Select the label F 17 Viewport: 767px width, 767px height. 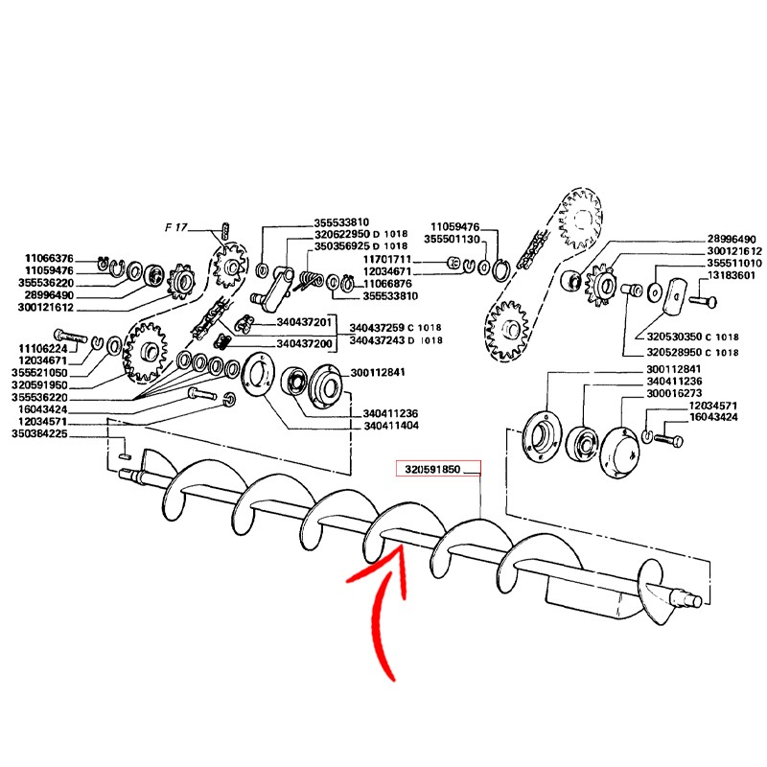pos(176,228)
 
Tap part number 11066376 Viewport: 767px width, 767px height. pos(48,258)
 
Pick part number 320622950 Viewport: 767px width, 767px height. pos(341,235)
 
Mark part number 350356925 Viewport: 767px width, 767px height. pos(341,246)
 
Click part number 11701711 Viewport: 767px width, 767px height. pos(388,259)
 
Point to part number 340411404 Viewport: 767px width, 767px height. pos(391,424)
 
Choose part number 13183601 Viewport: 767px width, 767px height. pos(732,276)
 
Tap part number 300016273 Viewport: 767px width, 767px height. pos(674,393)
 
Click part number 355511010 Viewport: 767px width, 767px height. pos(733,263)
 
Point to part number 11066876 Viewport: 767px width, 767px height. pos(388,284)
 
